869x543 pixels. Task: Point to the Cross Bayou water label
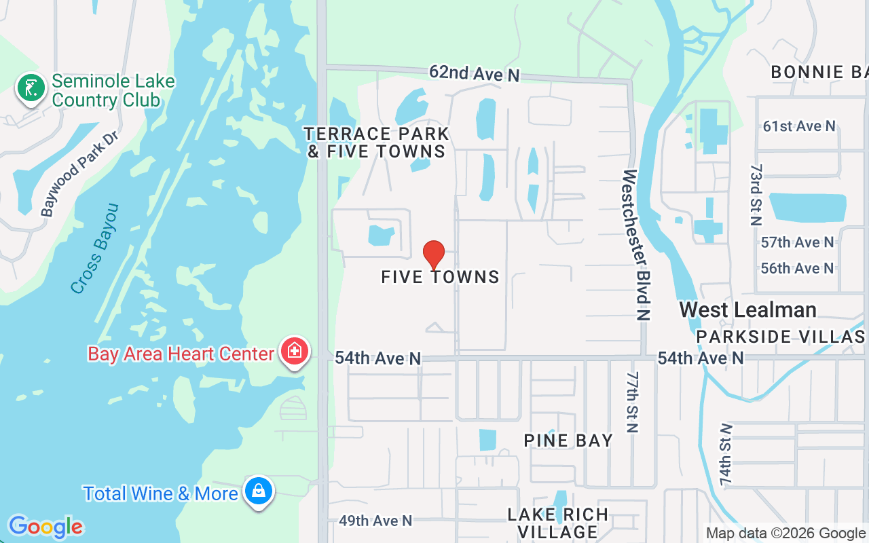pos(95,248)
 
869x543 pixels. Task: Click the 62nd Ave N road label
pos(474,73)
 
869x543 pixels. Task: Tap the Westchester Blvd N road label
pos(635,244)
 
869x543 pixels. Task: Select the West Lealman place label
pos(747,310)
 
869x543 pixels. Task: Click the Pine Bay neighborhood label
pos(568,441)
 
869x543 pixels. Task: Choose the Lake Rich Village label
pos(558,523)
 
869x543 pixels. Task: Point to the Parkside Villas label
pos(780,337)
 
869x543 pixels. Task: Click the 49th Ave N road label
pos(375,521)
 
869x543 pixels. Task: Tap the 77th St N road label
pos(633,402)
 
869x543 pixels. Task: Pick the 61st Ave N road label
pos(798,126)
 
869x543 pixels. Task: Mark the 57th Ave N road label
pos(797,242)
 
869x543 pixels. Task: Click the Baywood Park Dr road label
pos(79,174)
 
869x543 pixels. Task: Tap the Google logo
pos(45,527)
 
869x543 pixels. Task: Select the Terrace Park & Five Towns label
pos(376,143)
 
